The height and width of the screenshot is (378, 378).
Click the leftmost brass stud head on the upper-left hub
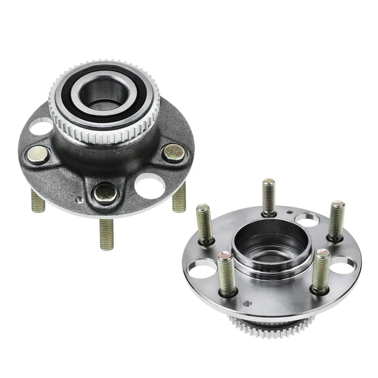coord(37,154)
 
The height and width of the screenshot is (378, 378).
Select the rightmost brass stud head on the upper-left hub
coord(174,152)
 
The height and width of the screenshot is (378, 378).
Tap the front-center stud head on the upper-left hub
coord(106,193)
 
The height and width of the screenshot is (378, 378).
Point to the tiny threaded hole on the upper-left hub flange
coord(81,199)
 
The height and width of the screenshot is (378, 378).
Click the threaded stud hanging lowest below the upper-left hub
coord(106,234)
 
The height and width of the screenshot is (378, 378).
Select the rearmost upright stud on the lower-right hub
coord(269,197)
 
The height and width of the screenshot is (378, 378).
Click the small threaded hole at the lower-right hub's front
coord(248,303)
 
